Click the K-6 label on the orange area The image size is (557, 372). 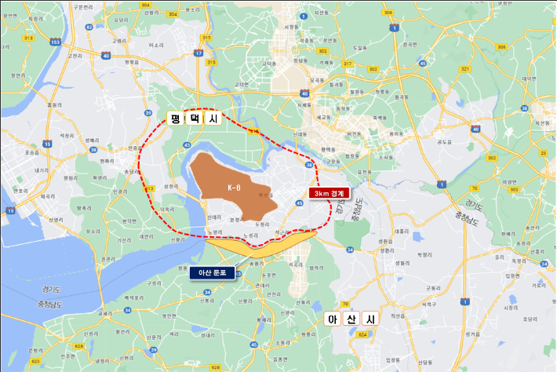coord(233,188)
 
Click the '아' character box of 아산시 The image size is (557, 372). coord(331,319)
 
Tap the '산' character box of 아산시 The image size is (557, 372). coord(351,319)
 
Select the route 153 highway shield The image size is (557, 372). coord(54,42)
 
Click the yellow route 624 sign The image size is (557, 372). coord(362,335)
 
